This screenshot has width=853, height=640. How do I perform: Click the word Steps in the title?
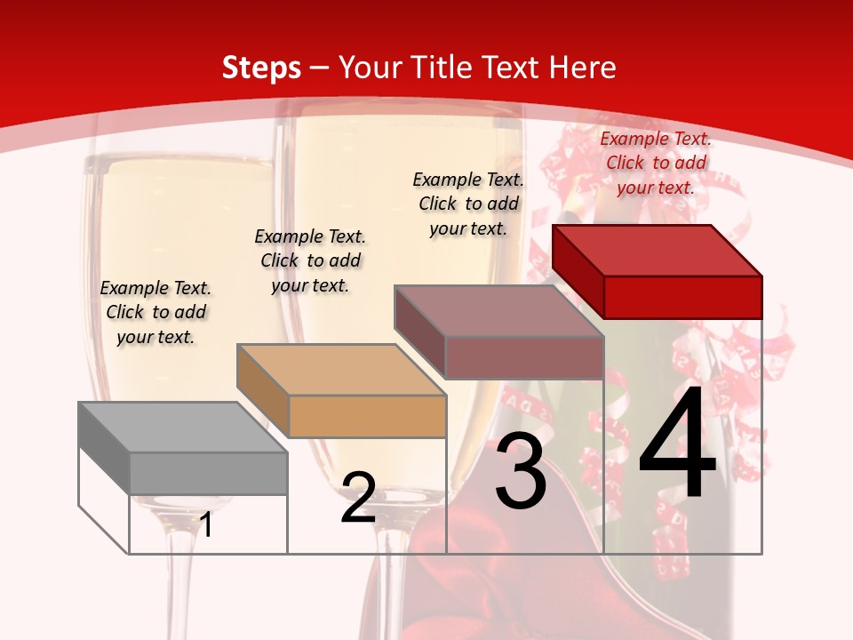261,68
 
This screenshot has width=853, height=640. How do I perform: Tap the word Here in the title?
582,68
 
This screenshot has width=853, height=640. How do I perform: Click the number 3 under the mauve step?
521,471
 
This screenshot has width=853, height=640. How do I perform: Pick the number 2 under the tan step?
358,498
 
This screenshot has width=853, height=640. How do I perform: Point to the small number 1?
206,525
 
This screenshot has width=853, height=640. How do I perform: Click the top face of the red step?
658,250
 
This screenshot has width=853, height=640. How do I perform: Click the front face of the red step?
682,297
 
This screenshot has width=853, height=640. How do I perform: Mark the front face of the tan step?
367,416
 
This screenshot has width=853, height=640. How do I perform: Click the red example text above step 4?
656,163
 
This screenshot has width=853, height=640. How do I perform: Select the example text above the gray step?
155,312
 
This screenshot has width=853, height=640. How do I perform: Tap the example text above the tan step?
310,260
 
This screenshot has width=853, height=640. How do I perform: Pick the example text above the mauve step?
468,204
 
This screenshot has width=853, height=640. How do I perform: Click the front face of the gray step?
208,474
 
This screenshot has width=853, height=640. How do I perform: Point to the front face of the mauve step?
524,357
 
